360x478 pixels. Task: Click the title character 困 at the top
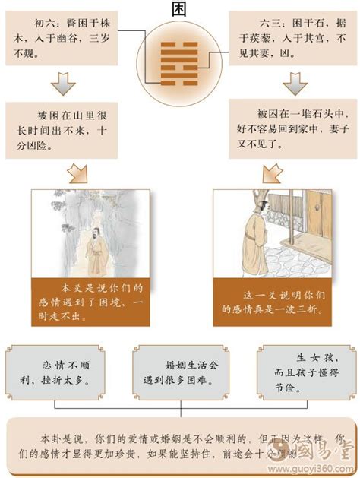coord(180,9)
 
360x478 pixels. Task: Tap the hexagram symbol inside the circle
coord(180,53)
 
